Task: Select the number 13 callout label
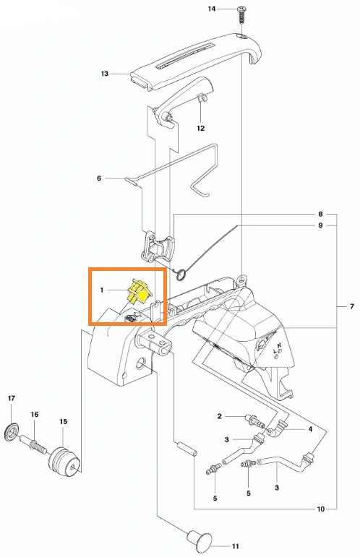(x=105, y=74)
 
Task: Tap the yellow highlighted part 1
(x=140, y=290)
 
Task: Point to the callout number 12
(x=201, y=128)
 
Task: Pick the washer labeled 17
(x=12, y=431)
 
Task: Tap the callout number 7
(x=352, y=306)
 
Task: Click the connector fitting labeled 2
(x=254, y=420)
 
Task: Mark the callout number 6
(x=99, y=178)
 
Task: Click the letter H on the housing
(x=280, y=345)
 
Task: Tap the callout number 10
(x=320, y=509)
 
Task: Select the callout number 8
(x=320, y=214)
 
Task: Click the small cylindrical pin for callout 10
(x=186, y=449)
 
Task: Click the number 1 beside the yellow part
(x=102, y=290)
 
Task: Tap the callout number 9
(x=320, y=225)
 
